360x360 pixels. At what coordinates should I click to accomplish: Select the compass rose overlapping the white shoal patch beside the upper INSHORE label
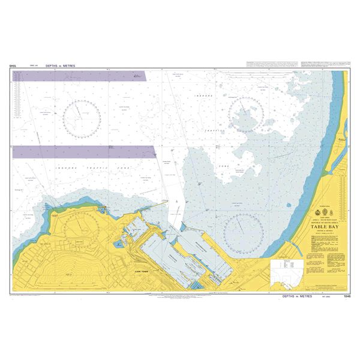tap(247, 112)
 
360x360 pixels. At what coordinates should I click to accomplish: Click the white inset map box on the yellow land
tap(286, 271)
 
